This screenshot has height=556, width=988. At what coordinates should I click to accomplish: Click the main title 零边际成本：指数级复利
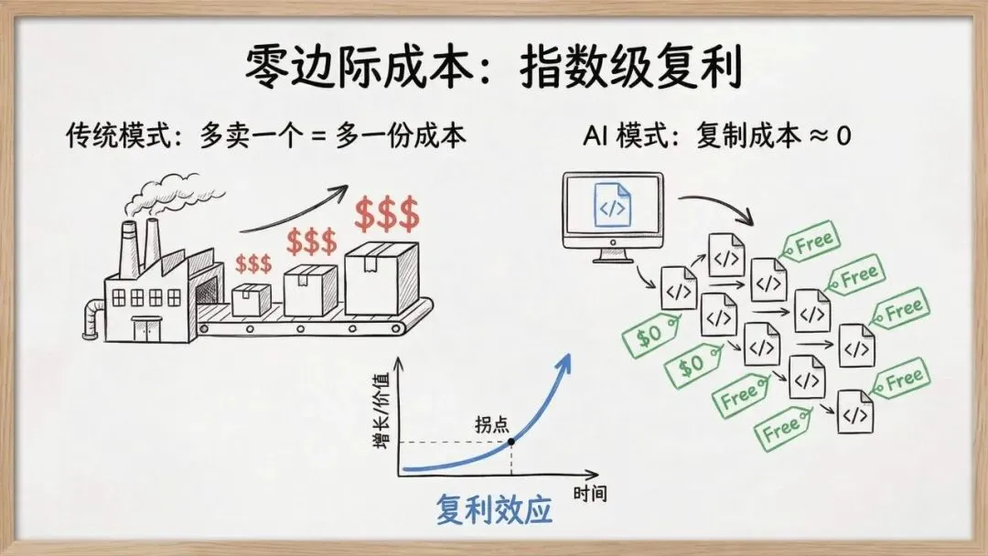pyautogui.click(x=493, y=69)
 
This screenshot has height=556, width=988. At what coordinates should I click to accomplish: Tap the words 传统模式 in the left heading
pyautogui.click(x=99, y=137)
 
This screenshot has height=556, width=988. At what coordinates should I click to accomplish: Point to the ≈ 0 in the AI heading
pyautogui.click(x=828, y=137)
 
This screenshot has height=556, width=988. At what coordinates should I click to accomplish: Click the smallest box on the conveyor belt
pyautogui.click(x=252, y=299)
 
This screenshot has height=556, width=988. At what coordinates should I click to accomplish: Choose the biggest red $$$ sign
pyautogui.click(x=387, y=216)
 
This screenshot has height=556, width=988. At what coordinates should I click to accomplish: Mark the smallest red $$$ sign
pyautogui.click(x=253, y=264)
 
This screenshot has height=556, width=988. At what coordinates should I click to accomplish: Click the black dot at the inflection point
pyautogui.click(x=510, y=443)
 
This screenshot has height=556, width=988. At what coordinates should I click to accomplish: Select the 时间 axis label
pyautogui.click(x=589, y=495)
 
